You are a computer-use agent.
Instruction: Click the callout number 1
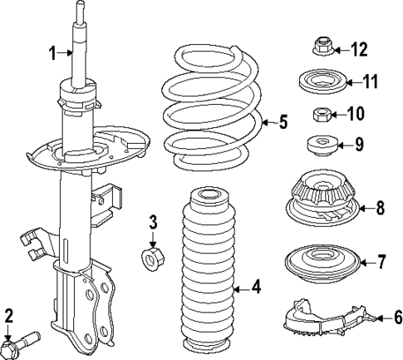(52, 54)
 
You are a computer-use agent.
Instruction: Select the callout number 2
(8, 315)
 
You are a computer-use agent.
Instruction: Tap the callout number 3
(152, 222)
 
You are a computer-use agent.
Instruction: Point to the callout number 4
(257, 288)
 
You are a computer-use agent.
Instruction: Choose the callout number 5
(283, 123)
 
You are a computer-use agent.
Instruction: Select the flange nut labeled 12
(320, 46)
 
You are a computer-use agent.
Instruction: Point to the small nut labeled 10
(320, 114)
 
